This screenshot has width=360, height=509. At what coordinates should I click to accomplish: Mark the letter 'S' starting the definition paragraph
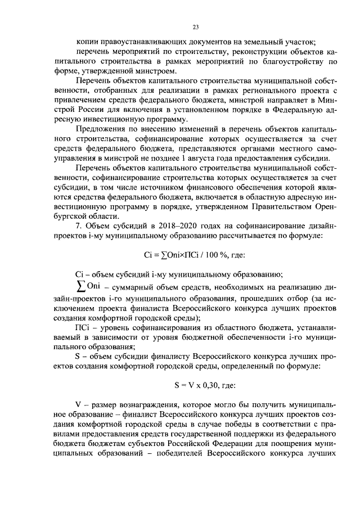(x=78, y=355)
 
